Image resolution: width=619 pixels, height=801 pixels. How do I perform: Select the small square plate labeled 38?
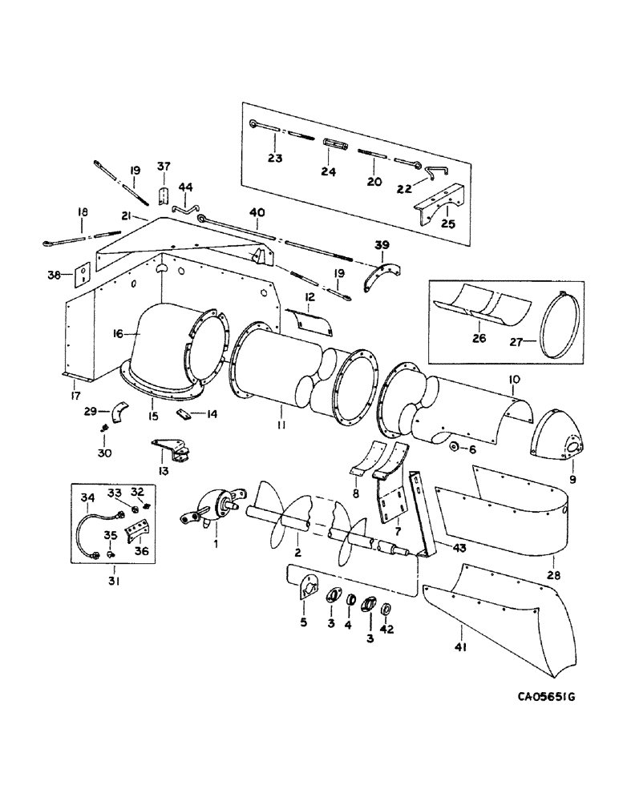(x=81, y=276)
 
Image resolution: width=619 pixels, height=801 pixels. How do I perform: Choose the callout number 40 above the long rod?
(x=257, y=213)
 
